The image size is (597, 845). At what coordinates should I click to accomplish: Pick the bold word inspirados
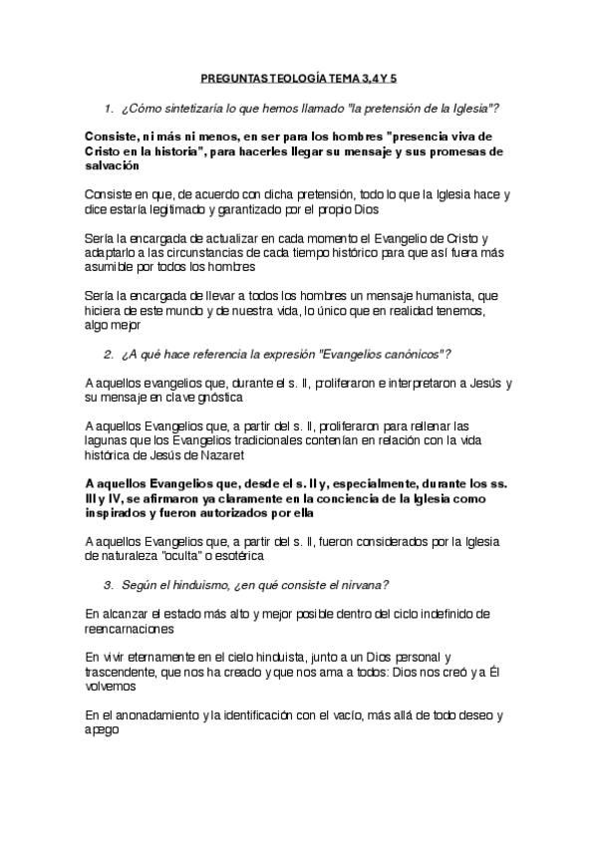pos(121,513)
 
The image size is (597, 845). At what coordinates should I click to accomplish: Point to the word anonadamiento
pos(162,716)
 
